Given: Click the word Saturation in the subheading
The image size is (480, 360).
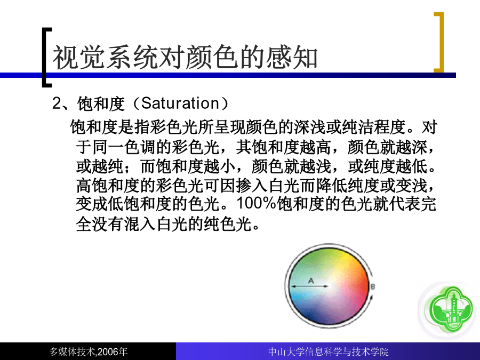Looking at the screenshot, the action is tap(180, 103).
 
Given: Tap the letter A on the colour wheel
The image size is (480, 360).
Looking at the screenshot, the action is tap(311, 281).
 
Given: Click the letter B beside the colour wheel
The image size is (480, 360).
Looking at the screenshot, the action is tap(373, 287).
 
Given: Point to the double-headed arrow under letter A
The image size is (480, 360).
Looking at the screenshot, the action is tap(309, 286).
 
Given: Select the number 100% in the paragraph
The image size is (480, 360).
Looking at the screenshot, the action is tap(257, 203).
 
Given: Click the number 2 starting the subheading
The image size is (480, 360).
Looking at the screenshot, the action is tap(57, 103).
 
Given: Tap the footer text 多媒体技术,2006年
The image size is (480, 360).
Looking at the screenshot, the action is tap(88, 352).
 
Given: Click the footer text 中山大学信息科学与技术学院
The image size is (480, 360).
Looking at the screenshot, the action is tap(328, 352).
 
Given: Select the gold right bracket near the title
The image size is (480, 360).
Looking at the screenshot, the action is tap(441, 42).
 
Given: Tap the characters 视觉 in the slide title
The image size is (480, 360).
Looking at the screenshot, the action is tap(79, 57).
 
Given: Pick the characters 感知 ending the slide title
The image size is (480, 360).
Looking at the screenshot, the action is tap(291, 57).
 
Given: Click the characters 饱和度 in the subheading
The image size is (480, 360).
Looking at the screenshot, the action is tap(101, 103).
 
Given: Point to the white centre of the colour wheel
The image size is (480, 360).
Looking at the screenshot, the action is tap(330, 286).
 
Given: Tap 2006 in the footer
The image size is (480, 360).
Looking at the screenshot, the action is tap(108, 352).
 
